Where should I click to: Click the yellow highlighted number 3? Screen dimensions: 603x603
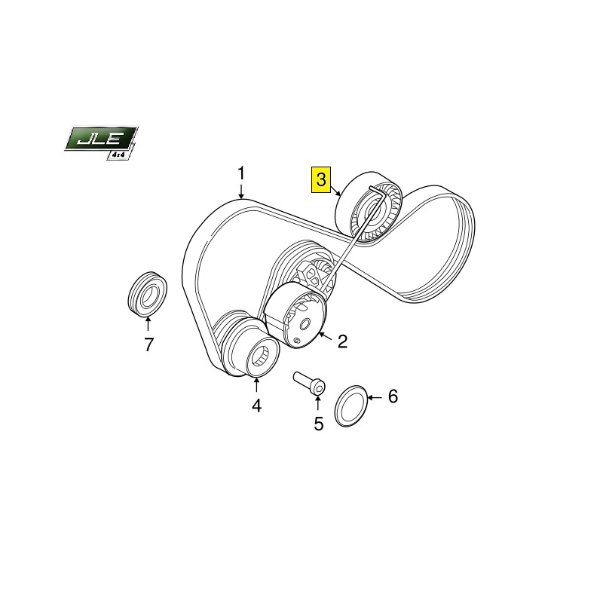click(321, 179)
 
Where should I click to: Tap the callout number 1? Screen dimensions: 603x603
click(240, 173)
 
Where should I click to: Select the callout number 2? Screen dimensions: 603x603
click(342, 341)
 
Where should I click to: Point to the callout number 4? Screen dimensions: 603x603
click(256, 406)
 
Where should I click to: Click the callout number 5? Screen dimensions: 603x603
click(318, 424)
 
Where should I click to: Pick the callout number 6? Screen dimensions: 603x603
click(392, 396)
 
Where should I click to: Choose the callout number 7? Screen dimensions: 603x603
click(148, 344)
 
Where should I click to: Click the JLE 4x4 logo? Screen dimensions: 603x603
click(101, 142)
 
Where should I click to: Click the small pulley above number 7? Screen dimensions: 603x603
click(147, 293)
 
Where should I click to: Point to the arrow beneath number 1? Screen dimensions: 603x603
click(241, 191)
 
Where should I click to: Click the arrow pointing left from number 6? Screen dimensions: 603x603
click(375, 397)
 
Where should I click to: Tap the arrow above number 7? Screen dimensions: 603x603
click(148, 323)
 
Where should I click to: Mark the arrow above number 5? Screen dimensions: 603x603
click(317, 403)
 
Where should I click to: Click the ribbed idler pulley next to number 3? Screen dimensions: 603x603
click(369, 209)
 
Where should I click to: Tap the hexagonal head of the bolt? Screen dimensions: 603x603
click(318, 387)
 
